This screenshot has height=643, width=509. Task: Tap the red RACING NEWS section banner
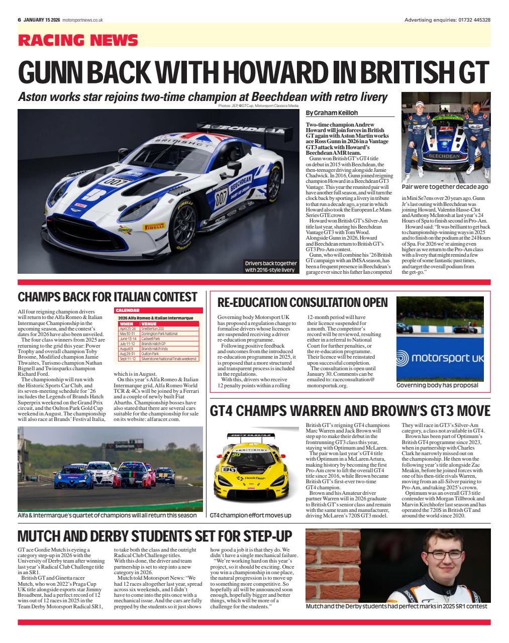[78, 40]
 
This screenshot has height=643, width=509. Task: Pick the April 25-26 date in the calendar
[127, 329]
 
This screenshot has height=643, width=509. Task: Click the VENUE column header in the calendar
[150, 324]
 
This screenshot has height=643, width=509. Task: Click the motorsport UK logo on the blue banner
[440, 358]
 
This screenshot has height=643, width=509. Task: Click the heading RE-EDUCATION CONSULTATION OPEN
[302, 302]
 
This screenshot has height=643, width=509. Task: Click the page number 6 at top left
[19, 20]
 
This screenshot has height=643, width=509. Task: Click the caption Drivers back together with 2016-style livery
[270, 267]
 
